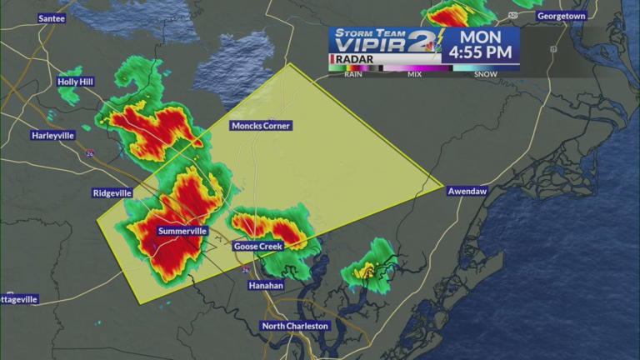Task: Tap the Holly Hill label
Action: [x=77, y=82]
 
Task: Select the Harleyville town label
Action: [x=53, y=135]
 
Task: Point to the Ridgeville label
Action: [x=112, y=192]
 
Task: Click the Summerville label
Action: [x=182, y=231]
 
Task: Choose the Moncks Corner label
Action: [x=261, y=126]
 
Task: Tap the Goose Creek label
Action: [x=257, y=246]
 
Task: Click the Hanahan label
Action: [x=266, y=285]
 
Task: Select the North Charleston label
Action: [x=296, y=326]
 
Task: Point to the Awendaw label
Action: [x=466, y=190]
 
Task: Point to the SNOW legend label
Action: [x=486, y=74]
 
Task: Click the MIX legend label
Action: [x=414, y=74]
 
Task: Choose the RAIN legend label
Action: [x=352, y=74]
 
